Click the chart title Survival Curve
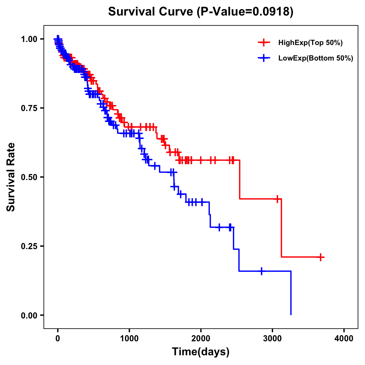tap(150, 12)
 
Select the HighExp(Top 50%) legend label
tap(311, 43)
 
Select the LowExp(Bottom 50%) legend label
tap(316, 58)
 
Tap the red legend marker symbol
tap(264, 43)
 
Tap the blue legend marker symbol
tap(264, 58)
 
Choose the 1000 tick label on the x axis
tap(129, 338)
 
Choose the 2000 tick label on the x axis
tap(201, 338)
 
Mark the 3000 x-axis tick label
tap(273, 338)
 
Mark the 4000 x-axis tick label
tap(344, 338)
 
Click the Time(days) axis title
tap(201, 352)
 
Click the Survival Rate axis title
tap(11, 177)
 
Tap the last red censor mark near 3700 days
tap(320, 257)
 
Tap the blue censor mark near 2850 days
tap(261, 271)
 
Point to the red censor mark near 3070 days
tap(277, 199)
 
